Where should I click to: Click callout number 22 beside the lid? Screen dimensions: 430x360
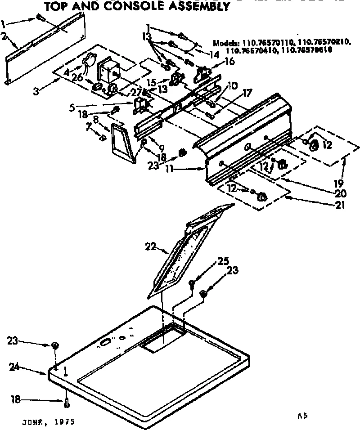pos(151,246)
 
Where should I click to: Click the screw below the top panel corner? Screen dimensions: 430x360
pos(67,403)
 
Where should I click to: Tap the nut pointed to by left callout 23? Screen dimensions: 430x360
pos(55,345)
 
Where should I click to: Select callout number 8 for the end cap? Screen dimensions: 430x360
pos(95,119)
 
